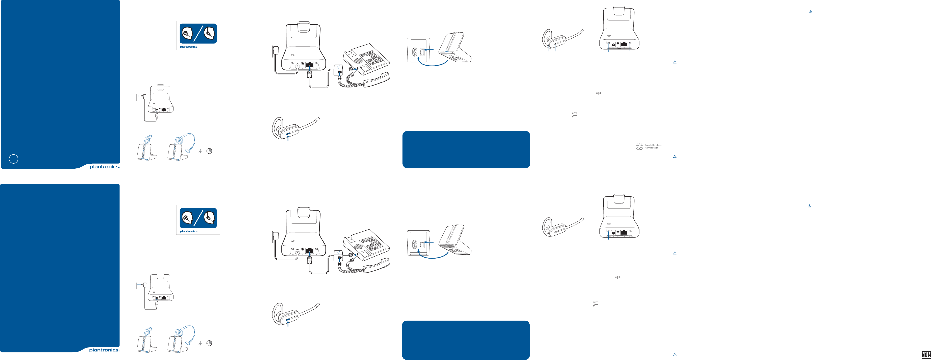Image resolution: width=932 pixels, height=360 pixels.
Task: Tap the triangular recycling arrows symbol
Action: pyautogui.click(x=639, y=146)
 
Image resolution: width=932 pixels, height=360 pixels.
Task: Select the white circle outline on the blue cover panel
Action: pyautogui.click(x=13, y=159)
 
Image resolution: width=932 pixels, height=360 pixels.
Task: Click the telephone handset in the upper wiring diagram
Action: pyautogui.click(x=376, y=80)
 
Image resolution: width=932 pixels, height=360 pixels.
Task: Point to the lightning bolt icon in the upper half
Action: pyautogui.click(x=200, y=151)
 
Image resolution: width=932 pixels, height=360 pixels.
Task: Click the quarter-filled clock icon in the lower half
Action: pyautogui.click(x=209, y=343)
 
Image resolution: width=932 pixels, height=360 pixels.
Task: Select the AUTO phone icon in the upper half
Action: pyautogui.click(x=574, y=115)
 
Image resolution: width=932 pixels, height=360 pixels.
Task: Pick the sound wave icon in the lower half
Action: pyautogui.click(x=618, y=277)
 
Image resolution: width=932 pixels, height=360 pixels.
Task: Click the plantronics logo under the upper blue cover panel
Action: pyautogui.click(x=105, y=167)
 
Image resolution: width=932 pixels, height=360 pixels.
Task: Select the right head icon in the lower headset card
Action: pyautogui.click(x=209, y=218)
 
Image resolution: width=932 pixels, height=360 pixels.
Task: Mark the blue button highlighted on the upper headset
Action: pyautogui.click(x=288, y=135)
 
